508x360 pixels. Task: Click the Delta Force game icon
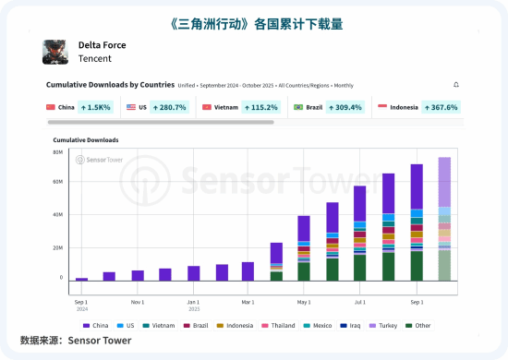(55, 52)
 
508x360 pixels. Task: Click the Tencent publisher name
(95, 59)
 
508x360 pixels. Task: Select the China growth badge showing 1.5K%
(95, 108)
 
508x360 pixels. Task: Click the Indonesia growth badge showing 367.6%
(439, 108)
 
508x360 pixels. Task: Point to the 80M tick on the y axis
(57, 152)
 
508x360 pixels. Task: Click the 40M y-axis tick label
(57, 215)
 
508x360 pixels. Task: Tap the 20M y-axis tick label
(57, 247)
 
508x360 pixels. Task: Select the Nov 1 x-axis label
(138, 302)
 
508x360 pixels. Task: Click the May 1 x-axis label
(304, 302)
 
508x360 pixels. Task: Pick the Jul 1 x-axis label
(360, 302)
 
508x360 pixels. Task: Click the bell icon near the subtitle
(456, 85)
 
